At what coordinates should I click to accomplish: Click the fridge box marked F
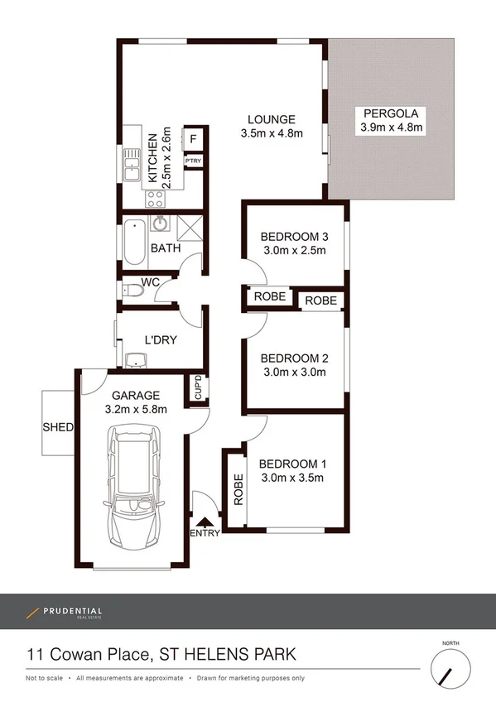click(x=193, y=139)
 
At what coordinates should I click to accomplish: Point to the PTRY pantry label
click(x=193, y=161)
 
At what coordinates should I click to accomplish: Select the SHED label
click(x=58, y=428)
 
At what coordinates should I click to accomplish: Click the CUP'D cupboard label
click(x=198, y=388)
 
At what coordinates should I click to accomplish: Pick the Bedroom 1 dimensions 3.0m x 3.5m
click(x=291, y=478)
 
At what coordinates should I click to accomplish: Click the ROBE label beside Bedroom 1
click(x=238, y=490)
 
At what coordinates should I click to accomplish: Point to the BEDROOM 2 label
click(x=294, y=358)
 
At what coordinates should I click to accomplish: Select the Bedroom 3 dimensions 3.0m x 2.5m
click(x=294, y=251)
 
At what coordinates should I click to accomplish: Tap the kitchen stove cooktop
click(x=155, y=198)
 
